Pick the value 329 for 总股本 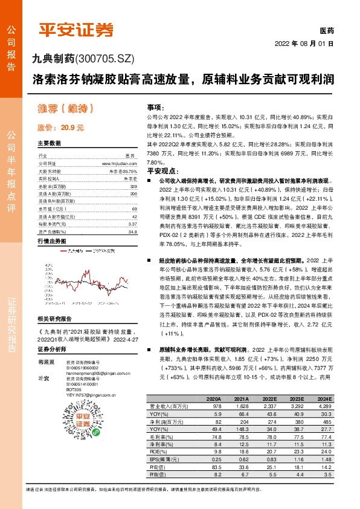coord(133,187)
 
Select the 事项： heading coord(156,106)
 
